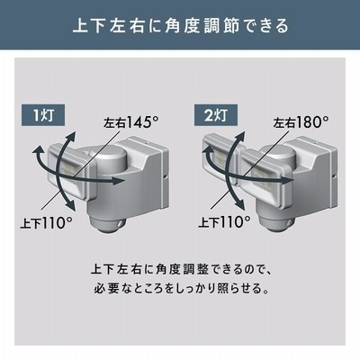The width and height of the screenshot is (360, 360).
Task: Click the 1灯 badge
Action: coord(44,115)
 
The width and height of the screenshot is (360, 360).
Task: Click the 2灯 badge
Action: coord(216,115)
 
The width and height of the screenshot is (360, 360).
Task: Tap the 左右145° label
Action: coord(130,122)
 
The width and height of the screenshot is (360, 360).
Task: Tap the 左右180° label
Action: coord(301,122)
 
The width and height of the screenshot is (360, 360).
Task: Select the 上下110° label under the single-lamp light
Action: coord(46,223)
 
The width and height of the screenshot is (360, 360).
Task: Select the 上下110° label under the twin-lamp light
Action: coord(224,222)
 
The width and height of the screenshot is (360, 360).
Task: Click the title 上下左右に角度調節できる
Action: coord(180,25)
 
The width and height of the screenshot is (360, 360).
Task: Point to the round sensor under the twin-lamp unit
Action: coord(275,224)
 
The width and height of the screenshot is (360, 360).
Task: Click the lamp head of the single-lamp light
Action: coord(71,170)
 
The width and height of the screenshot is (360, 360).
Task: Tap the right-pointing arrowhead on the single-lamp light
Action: coord(120,181)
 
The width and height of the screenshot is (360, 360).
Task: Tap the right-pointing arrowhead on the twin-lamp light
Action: coord(288,179)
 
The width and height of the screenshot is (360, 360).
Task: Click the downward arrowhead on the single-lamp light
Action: coord(70,205)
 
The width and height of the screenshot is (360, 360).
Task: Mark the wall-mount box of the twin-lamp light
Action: coord(313,171)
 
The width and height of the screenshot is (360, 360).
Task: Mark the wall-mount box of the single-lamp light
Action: coord(144,174)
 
